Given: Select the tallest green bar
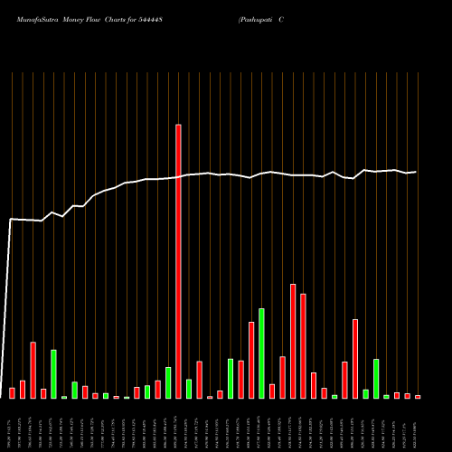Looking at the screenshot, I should [261, 353].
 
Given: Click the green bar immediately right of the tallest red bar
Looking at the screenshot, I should [189, 388].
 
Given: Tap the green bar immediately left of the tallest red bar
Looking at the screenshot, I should [168, 382].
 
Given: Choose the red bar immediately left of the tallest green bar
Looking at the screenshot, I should [251, 359].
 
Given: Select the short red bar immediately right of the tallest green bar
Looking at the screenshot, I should [272, 391].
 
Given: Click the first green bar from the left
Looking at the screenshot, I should [53, 373].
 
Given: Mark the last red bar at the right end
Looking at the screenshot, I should [418, 396].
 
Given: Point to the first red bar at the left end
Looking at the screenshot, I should [13, 392].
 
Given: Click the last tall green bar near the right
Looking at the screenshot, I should [376, 378].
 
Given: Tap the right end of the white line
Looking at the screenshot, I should [416, 172].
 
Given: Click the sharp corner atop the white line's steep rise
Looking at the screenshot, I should [12, 219].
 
